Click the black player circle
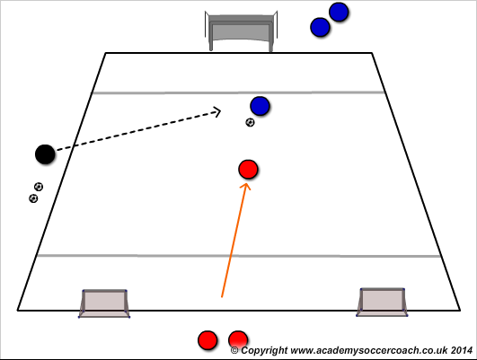tap(45, 154)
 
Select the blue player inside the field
tap(260, 106)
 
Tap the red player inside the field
tap(248, 169)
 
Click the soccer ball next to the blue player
tap(250, 122)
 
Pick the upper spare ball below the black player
tap(39, 187)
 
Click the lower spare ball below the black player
tap(33, 198)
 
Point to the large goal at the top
tap(241, 31)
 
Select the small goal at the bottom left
tap(104, 303)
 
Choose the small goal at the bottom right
tap(382, 303)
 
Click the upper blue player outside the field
tap(339, 12)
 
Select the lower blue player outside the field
tap(320, 27)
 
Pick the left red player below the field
tap(208, 340)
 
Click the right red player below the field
tap(238, 340)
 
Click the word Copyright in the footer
tap(264, 351)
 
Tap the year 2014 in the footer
tap(462, 350)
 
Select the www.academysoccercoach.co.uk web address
tap(369, 351)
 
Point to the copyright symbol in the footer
tap(234, 351)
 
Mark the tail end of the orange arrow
tap(222, 297)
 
